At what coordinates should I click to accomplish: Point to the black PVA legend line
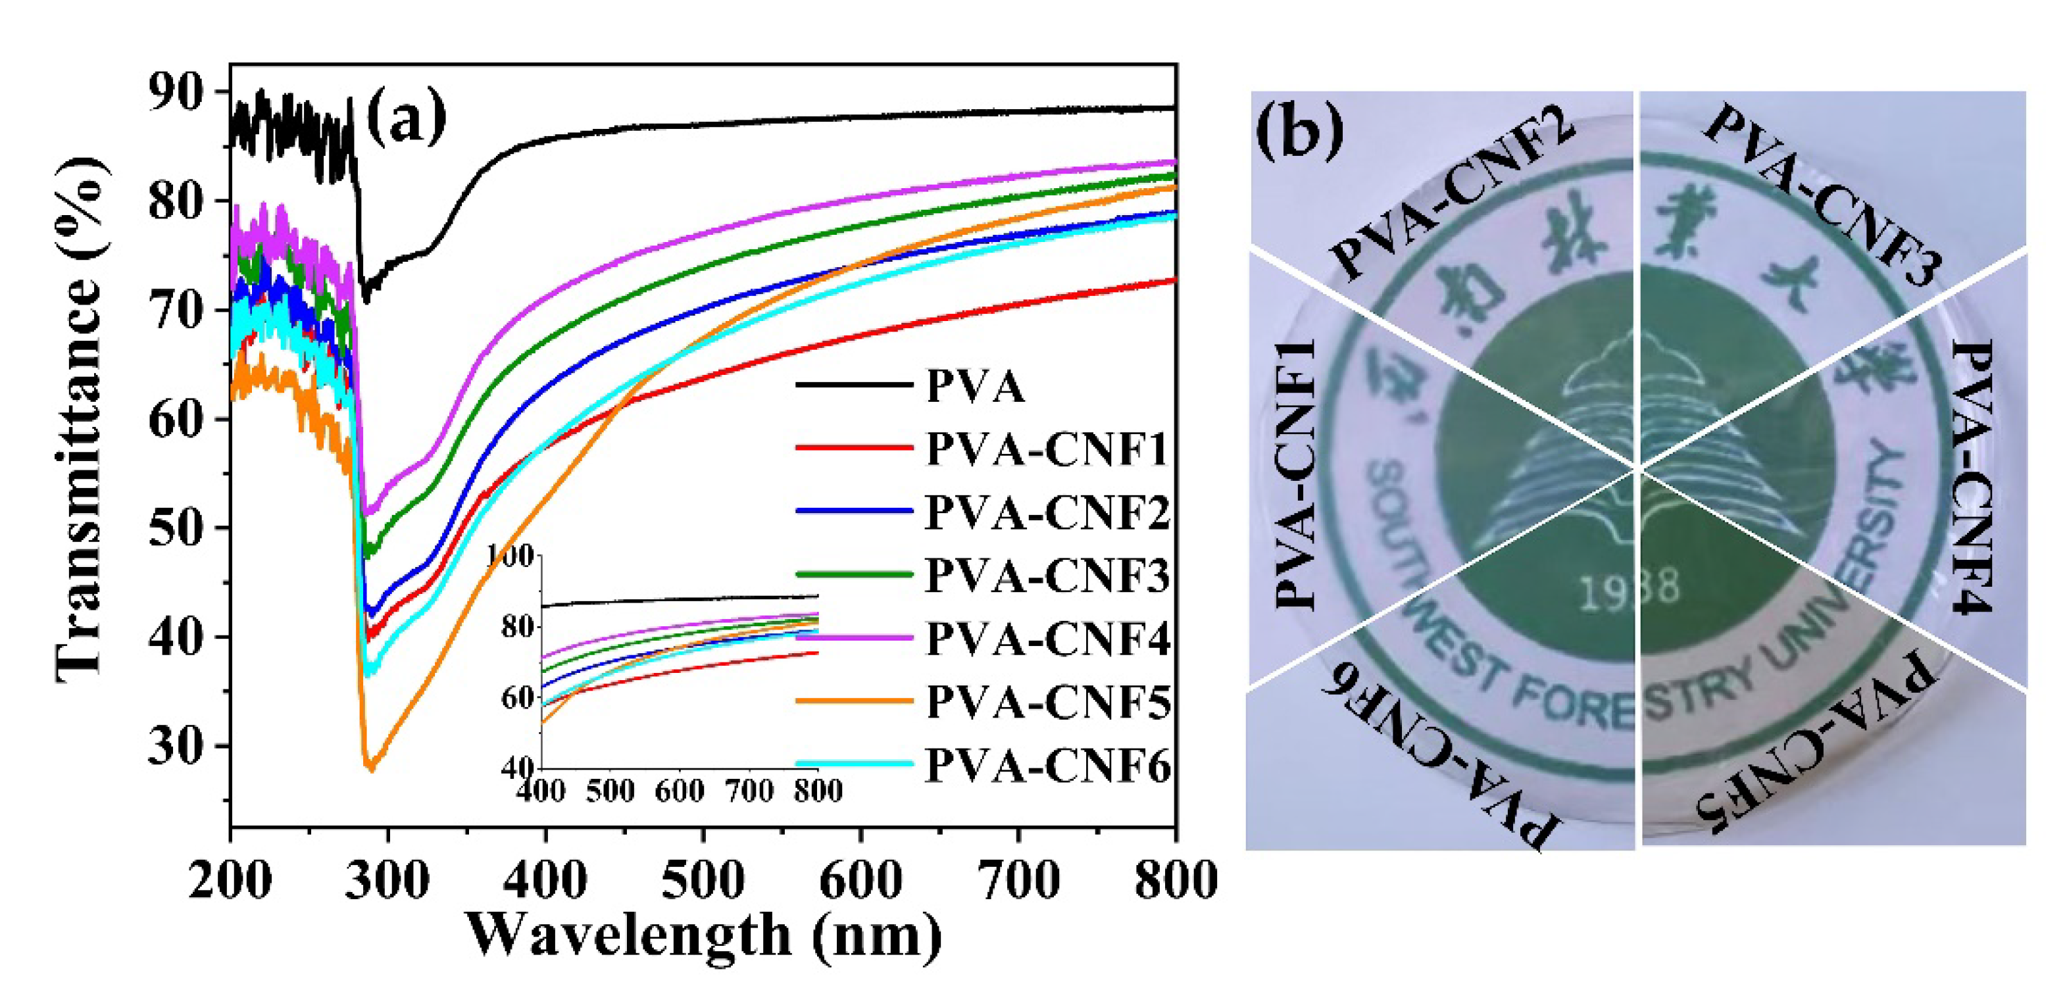(855, 386)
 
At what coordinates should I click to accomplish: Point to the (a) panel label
(406, 117)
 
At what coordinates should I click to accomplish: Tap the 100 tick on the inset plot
(511, 555)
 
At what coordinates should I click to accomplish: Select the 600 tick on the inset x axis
(679, 791)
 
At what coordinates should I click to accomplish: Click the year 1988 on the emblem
(1629, 589)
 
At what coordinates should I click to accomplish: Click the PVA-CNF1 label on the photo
(1295, 474)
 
